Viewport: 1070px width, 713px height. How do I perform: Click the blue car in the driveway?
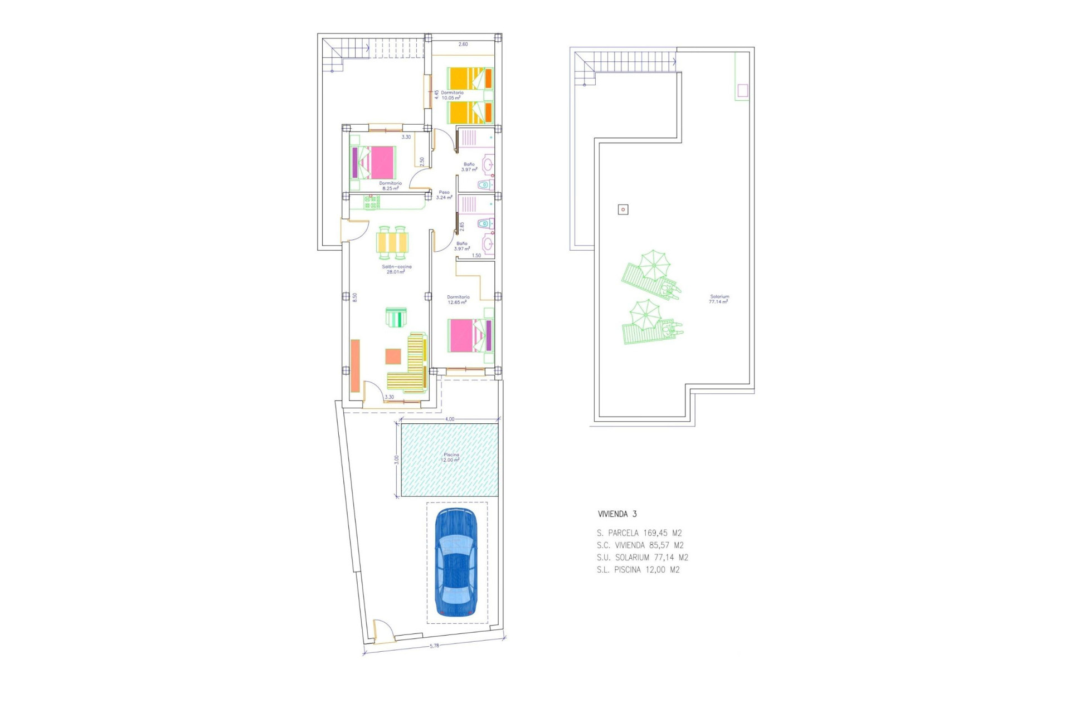pos(456,563)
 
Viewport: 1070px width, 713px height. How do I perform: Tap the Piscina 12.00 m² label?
pos(451,458)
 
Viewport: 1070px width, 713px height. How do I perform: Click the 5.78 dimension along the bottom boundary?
pos(434,646)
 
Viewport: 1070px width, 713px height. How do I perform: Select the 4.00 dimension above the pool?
pos(449,419)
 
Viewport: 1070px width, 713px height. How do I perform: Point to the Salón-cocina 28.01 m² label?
pos(396,270)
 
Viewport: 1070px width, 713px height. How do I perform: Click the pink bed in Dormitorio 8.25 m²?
pos(374,162)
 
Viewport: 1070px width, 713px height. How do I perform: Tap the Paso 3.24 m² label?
pos(444,195)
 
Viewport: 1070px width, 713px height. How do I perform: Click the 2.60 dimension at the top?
pos(463,44)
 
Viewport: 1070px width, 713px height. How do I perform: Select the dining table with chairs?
pos(392,243)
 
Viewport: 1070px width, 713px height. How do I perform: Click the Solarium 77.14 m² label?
pos(719,299)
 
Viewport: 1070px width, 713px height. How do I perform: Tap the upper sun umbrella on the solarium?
pos(653,265)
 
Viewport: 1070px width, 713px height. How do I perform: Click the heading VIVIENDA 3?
pos(617,514)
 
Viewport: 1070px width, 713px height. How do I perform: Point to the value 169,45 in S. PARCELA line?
pos(655,533)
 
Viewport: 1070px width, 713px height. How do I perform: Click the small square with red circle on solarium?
pos(623,209)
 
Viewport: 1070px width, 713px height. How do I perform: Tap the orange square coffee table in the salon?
pos(393,356)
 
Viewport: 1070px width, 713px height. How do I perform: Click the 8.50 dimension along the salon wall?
pos(354,297)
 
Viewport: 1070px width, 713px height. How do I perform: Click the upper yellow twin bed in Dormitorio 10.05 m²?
pos(469,79)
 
